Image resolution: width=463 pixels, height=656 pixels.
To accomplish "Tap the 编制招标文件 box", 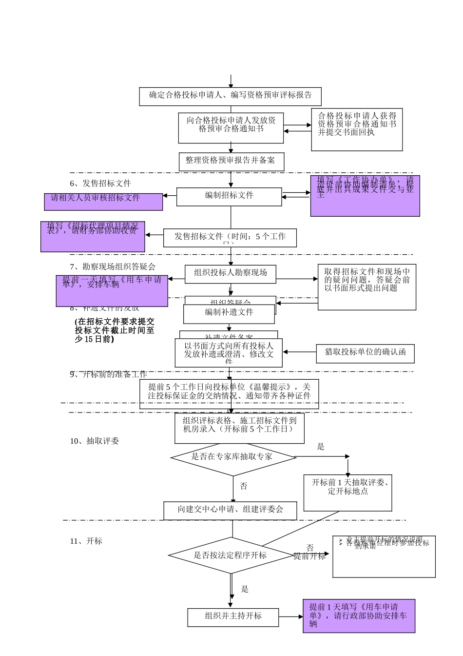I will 229,196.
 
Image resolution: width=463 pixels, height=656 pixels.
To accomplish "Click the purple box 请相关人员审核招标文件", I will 103,201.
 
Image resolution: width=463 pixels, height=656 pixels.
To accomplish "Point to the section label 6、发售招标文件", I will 100,184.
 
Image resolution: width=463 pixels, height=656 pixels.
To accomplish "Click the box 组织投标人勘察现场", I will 231,273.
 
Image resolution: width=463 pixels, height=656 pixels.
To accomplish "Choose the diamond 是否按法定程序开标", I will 231,555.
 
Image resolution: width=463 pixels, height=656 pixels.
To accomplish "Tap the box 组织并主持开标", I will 233,617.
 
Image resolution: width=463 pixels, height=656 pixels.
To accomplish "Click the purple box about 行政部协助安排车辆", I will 359,616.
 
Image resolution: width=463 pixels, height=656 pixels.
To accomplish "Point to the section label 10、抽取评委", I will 95,441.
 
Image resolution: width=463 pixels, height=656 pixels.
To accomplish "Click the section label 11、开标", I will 86,541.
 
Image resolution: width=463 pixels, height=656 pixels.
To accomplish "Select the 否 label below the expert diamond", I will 244,486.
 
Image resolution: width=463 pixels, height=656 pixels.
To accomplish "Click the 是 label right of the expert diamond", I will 321,447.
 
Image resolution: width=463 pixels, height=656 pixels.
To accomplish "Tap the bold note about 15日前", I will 115,330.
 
